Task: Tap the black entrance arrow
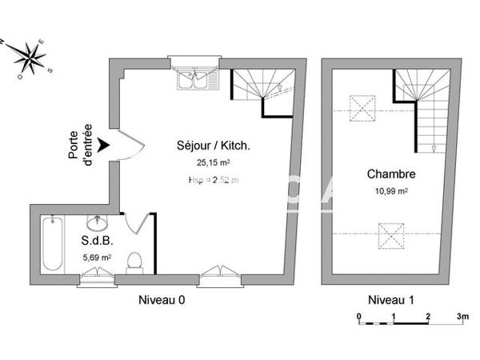(103, 145)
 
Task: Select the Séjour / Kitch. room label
(214, 146)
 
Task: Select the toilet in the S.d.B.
(136, 261)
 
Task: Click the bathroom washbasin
(98, 221)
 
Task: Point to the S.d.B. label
(95, 241)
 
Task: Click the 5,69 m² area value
(97, 258)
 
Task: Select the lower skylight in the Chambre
(392, 237)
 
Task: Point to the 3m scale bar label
(462, 317)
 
